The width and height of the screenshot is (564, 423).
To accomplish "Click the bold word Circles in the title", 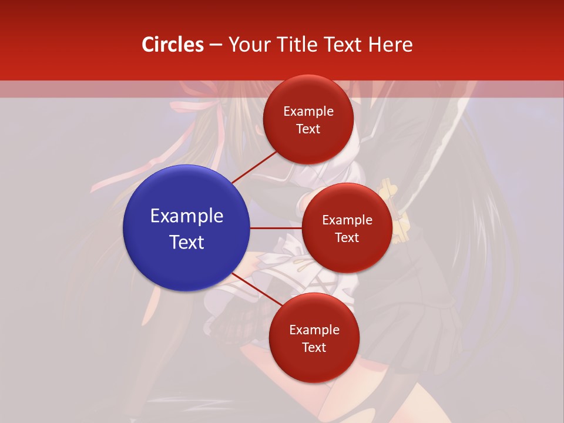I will (173, 45).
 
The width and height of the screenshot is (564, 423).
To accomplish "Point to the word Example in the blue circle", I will (187, 216).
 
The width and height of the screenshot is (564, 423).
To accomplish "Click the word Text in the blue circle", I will (187, 242).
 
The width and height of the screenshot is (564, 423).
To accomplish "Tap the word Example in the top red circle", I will (308, 112).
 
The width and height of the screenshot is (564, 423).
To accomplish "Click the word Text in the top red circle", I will (308, 129).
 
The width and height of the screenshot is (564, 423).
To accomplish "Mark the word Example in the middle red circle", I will (347, 220).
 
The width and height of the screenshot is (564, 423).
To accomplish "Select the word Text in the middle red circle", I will (347, 238).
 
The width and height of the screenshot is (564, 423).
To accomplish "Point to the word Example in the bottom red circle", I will (314, 330).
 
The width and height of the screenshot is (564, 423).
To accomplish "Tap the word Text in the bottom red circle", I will (314, 348).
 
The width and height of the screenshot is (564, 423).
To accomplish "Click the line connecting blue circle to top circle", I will (254, 167).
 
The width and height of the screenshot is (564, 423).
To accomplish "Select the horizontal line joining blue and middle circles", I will (276, 228).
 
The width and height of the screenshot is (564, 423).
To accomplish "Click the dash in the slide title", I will (216, 45).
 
